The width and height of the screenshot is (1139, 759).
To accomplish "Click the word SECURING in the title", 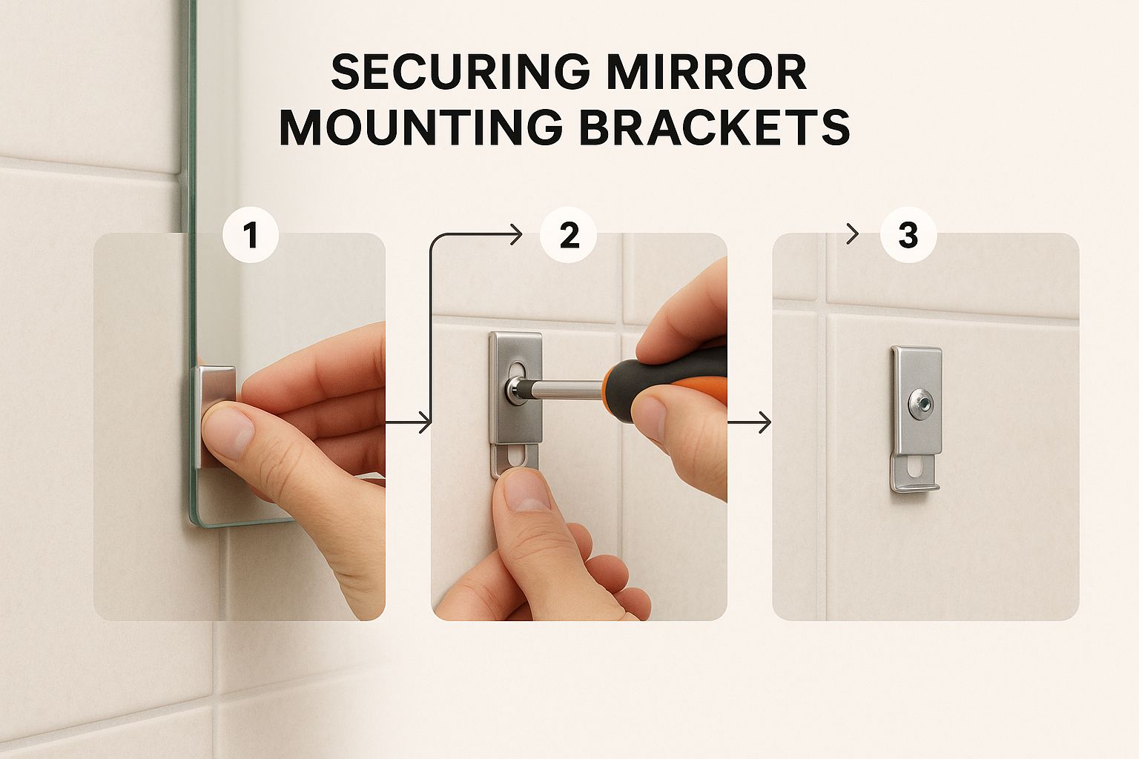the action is (x=460, y=72).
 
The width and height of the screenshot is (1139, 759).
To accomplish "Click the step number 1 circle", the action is (x=251, y=236).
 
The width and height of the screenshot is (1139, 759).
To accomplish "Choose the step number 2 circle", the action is (x=569, y=236).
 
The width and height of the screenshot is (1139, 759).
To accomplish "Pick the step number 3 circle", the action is (x=908, y=236).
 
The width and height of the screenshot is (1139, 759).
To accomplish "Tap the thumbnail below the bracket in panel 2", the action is (x=527, y=489).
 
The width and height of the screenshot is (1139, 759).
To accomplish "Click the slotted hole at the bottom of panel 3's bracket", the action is (x=917, y=468).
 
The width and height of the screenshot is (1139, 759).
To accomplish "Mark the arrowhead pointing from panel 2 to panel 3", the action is (x=765, y=422).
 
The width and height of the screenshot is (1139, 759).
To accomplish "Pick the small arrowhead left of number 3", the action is (x=853, y=234).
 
